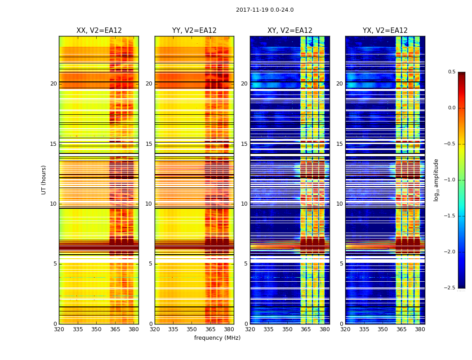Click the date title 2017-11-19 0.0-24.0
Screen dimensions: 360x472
265,10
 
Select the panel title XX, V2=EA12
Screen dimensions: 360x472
99,31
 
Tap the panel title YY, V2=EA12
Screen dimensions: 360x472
194,31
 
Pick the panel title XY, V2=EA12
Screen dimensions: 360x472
290,31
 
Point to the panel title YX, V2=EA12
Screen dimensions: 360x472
385,31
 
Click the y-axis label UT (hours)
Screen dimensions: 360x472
44,180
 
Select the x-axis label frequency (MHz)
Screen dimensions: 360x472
217,338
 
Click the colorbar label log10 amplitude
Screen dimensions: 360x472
436,180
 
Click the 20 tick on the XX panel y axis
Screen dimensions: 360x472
53,84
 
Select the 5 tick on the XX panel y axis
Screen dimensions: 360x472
55,264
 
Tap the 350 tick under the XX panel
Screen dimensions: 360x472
97,329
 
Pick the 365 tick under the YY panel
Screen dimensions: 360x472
210,329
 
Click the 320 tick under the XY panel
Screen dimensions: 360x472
250,329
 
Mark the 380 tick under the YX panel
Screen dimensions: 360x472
420,329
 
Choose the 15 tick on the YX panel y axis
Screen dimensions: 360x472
340,144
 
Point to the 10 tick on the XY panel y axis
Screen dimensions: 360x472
245,204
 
